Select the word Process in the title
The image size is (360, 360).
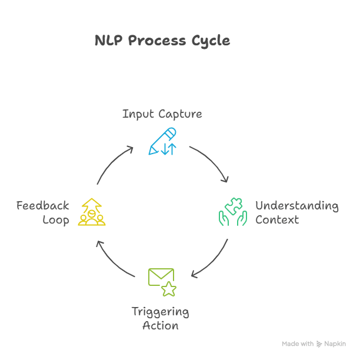click(x=156, y=41)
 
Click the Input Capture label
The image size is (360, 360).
click(x=162, y=114)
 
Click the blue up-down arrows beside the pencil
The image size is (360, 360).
click(x=169, y=149)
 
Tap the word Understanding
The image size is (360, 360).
click(x=296, y=206)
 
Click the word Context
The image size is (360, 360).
click(x=277, y=220)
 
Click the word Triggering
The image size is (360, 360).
click(x=161, y=312)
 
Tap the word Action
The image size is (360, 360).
click(x=161, y=325)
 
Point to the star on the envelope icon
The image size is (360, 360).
click(x=169, y=288)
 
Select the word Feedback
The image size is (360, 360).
click(x=43, y=206)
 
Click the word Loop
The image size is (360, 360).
click(x=56, y=220)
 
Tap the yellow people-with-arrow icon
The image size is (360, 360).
click(x=92, y=212)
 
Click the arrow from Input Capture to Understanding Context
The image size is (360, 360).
click(x=211, y=162)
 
